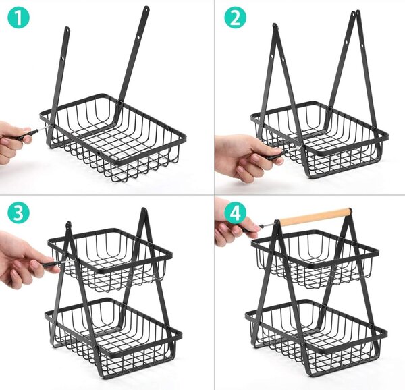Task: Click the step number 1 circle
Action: click(19, 18)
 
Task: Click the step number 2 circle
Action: click(235, 18)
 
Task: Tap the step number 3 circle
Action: click(19, 213)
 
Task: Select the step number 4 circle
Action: click(235, 213)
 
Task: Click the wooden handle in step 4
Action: click(316, 217)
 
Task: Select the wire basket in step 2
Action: click(319, 140)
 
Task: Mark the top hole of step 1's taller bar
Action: click(146, 10)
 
